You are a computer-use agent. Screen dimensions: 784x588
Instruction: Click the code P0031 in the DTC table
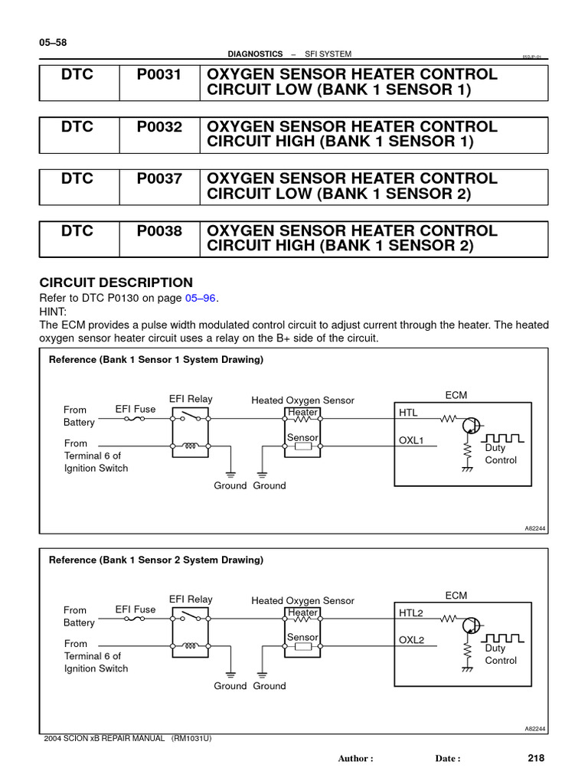[x=159, y=74]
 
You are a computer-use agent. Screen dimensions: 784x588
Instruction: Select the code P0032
[x=159, y=126]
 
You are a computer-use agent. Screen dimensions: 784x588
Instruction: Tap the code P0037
[x=159, y=178]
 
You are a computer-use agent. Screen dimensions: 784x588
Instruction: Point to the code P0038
[x=159, y=230]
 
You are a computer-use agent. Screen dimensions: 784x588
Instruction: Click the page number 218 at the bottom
[x=535, y=758]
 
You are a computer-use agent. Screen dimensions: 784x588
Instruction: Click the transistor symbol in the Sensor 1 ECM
[x=472, y=426]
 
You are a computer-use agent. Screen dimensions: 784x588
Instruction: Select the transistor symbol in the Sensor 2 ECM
[x=472, y=626]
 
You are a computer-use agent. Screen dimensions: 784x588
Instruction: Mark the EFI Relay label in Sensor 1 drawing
[x=191, y=400]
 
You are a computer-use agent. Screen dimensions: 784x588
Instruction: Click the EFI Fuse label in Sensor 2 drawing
[x=136, y=610]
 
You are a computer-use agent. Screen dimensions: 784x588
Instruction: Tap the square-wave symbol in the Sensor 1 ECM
[x=505, y=437]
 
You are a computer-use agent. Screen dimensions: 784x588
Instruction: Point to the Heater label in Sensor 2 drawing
[x=302, y=612]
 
